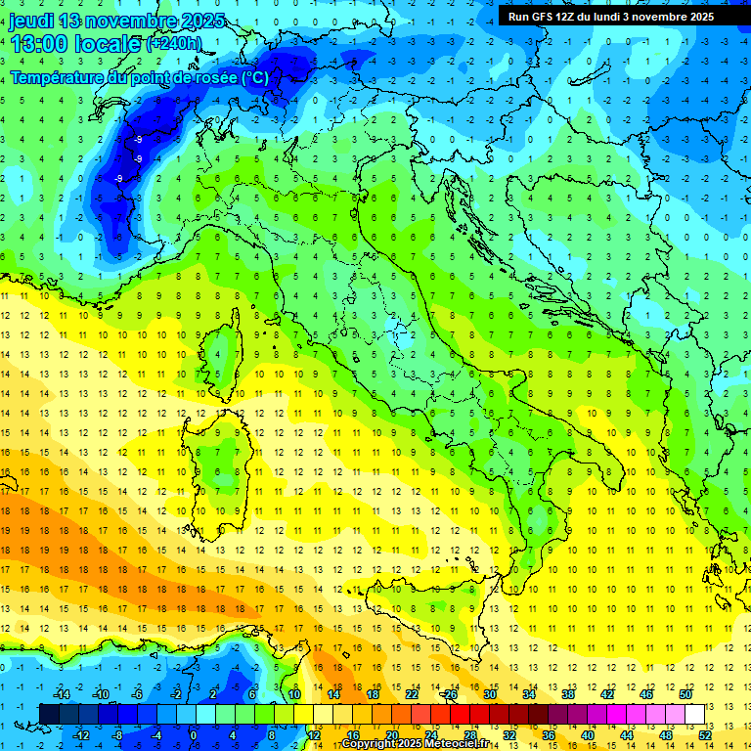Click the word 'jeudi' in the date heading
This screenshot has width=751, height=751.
(31, 21)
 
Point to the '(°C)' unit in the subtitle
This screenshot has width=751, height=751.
(253, 77)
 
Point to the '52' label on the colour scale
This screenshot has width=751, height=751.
(704, 735)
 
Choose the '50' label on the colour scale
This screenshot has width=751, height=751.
(685, 694)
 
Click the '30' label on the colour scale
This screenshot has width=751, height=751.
(490, 694)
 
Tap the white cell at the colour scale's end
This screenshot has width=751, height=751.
(695, 714)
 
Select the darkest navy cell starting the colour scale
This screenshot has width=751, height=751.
(49, 714)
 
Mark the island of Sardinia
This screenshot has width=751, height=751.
(223, 455)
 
